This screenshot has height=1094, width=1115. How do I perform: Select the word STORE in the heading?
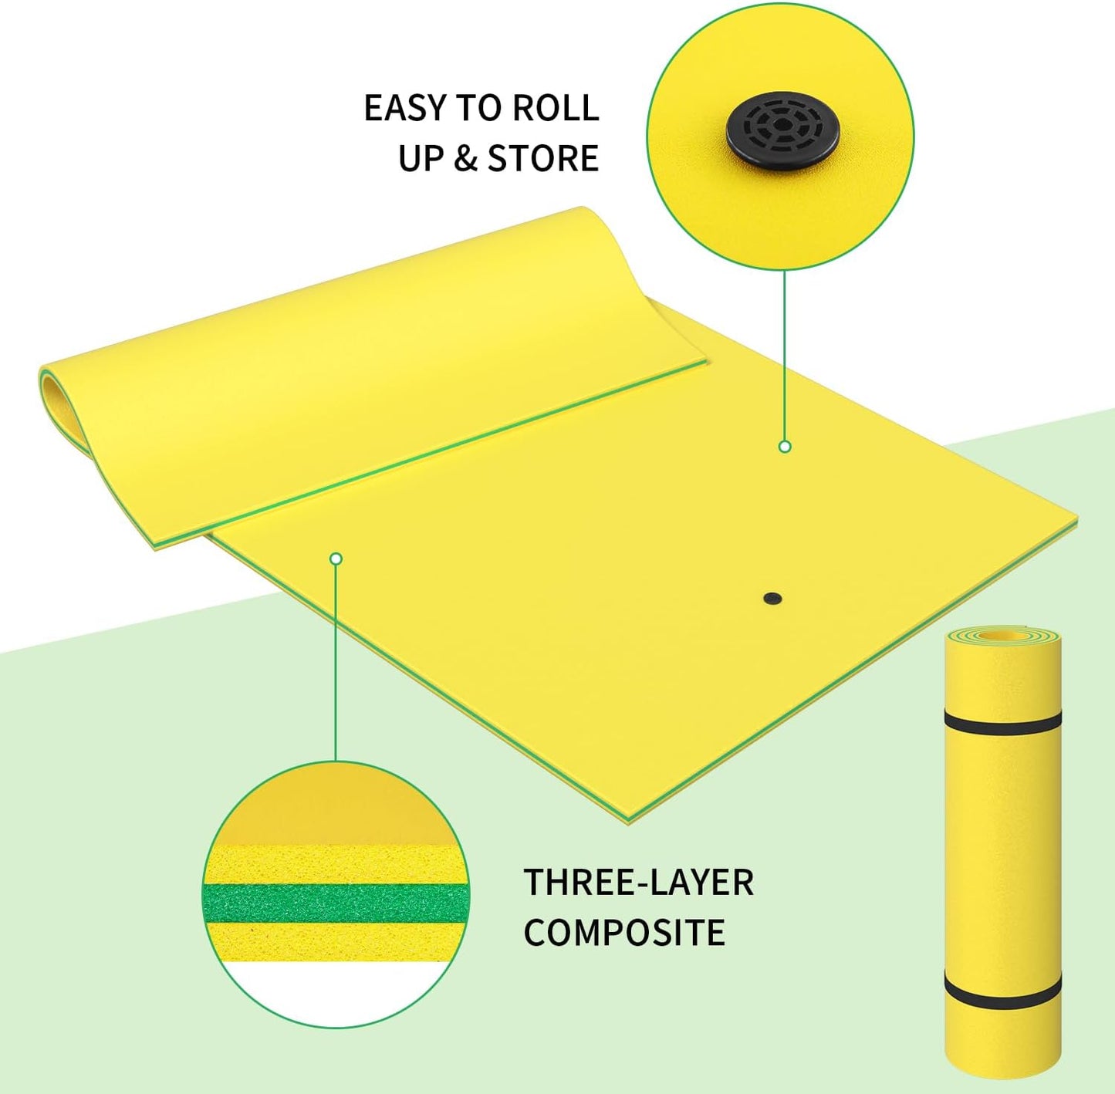pyautogui.click(x=542, y=158)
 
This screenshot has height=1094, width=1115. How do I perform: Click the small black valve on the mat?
pyautogui.click(x=772, y=599)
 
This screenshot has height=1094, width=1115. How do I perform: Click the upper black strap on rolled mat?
pyautogui.click(x=1003, y=723)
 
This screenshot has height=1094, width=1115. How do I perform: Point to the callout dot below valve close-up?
pyautogui.click(x=785, y=447)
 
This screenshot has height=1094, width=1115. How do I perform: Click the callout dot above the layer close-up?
pyautogui.click(x=336, y=559)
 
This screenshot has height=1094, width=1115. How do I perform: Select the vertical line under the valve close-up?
pyautogui.click(x=785, y=355)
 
